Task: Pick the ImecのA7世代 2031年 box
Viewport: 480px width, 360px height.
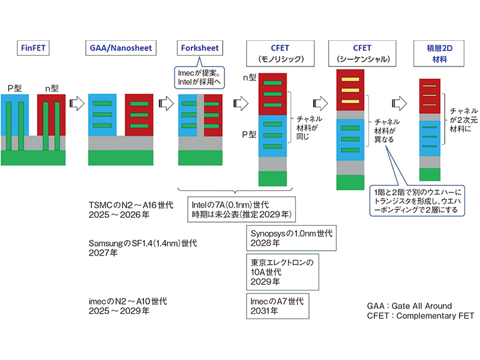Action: click(275, 305)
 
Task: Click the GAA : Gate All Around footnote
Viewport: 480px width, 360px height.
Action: click(409, 305)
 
